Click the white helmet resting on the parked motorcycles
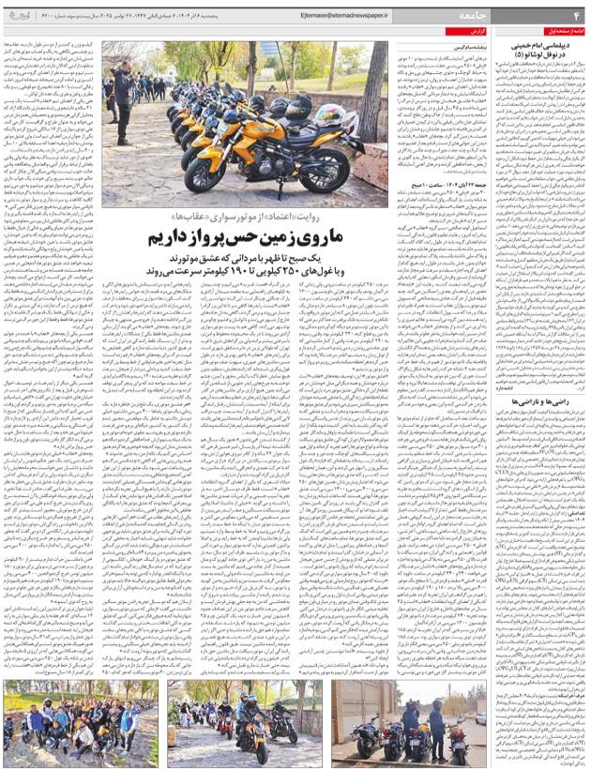click(300, 110)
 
